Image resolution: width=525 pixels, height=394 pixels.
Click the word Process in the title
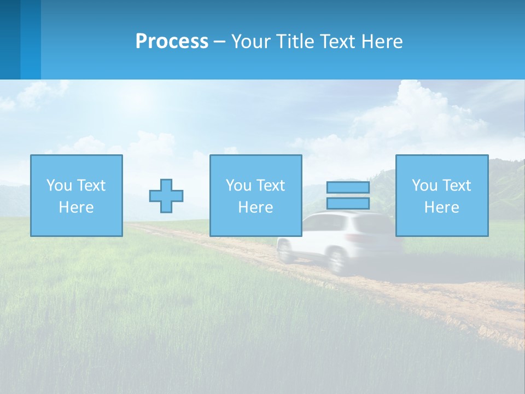[x=172, y=42]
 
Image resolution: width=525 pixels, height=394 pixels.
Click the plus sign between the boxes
[x=166, y=196]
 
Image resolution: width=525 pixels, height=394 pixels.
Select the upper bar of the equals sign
[x=348, y=188]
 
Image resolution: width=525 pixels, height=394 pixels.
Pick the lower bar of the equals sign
[x=348, y=204]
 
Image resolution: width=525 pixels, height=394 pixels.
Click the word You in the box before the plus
[x=59, y=186]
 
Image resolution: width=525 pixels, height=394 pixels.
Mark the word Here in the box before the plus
[x=77, y=207]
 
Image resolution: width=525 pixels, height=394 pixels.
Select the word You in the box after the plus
[x=238, y=186]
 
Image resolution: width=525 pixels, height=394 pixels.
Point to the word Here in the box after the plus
[x=256, y=207]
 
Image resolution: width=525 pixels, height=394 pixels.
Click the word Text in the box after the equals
[x=456, y=186]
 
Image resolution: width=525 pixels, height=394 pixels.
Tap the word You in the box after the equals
[x=424, y=186]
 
